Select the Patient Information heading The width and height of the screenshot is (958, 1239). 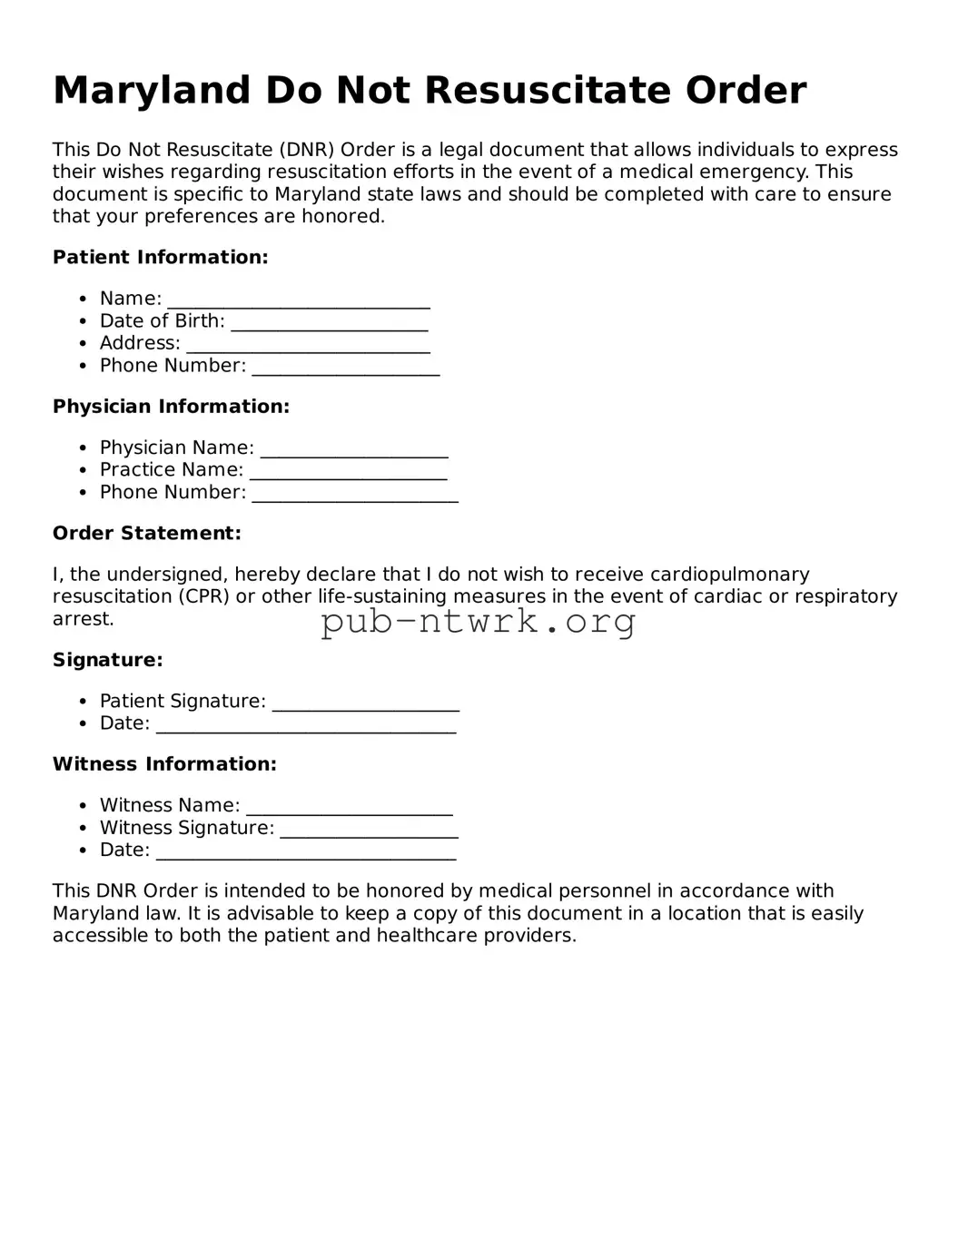161,258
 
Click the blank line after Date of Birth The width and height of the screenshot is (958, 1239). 329,323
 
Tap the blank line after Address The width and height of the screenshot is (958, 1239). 308,345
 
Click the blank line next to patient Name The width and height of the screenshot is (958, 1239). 299,300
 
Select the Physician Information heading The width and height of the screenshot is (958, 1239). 171,407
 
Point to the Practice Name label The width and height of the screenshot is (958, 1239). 172,470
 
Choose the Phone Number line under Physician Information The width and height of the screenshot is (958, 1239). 355,494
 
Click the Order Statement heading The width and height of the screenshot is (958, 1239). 147,534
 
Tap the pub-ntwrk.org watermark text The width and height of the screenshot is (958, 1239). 479,623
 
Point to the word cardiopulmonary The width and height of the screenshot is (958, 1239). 729,575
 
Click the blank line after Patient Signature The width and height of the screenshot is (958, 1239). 366,703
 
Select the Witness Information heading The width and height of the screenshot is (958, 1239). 164,764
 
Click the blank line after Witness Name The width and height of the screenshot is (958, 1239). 350,808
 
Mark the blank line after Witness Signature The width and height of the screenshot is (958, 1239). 369,830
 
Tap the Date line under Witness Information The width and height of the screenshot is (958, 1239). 306,852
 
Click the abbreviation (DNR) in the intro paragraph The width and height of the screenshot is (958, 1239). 307,150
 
